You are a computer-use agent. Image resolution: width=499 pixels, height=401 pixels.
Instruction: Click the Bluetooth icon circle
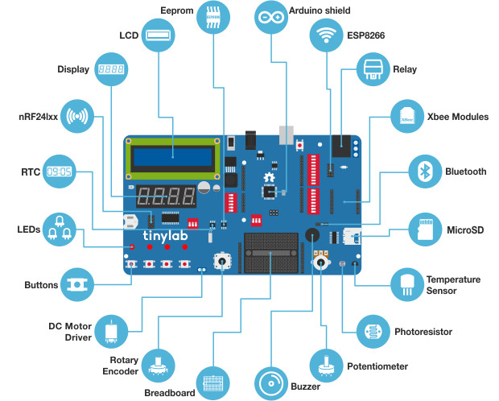pos(424,172)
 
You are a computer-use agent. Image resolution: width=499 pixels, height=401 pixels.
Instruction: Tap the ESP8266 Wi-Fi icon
pos(326,35)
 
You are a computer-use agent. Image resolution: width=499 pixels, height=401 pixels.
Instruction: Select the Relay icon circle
pos(373,70)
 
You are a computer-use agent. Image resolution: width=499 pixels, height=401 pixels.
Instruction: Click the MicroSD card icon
pos(424,229)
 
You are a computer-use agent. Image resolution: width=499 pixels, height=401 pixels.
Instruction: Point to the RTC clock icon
pos(59,172)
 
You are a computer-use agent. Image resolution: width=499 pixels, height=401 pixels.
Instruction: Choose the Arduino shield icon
pos(270,17)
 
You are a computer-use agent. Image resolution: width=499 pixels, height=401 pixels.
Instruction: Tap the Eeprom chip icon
pos(214,17)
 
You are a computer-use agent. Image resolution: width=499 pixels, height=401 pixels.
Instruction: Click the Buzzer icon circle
pos(270,383)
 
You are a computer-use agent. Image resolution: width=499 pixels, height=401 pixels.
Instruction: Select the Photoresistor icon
pos(373,331)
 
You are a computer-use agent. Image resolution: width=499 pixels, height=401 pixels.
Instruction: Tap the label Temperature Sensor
pos(453,284)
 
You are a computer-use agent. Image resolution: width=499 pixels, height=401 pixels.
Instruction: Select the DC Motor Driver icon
pos(111,331)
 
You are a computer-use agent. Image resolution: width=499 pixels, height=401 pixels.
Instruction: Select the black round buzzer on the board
pos(311,234)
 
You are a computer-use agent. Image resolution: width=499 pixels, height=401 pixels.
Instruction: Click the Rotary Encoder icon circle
pos(159,366)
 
